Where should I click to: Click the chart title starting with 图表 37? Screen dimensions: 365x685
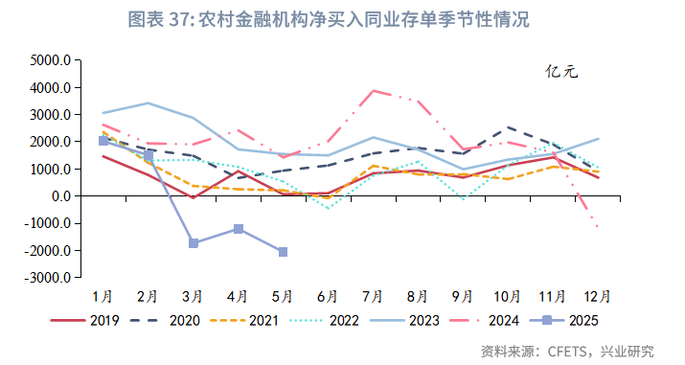coord(342,19)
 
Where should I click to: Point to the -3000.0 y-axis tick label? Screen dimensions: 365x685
coord(48,278)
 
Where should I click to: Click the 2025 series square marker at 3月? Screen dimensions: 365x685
coord(194,243)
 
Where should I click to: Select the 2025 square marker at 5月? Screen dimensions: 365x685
coord(283,252)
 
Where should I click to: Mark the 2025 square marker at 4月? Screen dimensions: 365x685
coord(238,229)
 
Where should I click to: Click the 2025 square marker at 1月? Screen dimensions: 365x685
coord(103,141)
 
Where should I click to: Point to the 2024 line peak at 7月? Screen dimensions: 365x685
coord(373,91)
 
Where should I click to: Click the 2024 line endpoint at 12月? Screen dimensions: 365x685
coord(596,227)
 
